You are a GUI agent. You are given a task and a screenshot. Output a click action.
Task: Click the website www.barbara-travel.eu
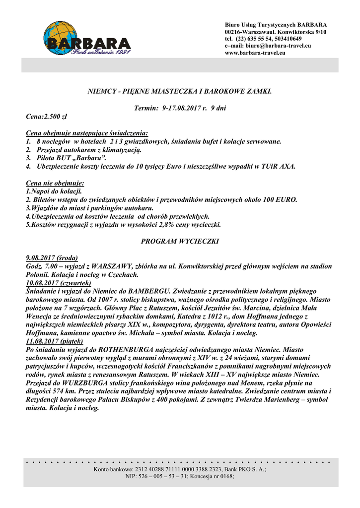(255, 53)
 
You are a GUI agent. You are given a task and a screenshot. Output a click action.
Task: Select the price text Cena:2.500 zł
(46, 116)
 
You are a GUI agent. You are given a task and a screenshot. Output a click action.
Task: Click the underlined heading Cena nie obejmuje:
(55, 183)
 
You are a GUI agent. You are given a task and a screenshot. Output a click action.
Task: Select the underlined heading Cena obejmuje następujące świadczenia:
(86, 133)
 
